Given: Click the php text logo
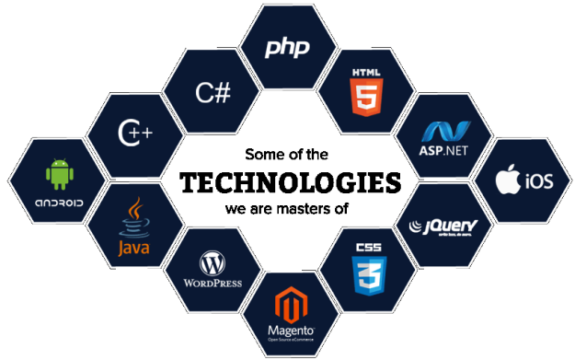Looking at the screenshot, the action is coord(288,47).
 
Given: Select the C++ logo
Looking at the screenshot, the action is coord(134,134).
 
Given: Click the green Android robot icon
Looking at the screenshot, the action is coord(60,171).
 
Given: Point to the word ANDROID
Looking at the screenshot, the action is coord(60,203).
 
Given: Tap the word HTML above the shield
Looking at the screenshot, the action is coord(365,72).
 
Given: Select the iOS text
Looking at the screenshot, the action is coord(537,182).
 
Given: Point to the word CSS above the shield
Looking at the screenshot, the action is coord(369,247).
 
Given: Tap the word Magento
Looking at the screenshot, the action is coord(291,329).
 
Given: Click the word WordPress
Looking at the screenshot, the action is coord(212,283).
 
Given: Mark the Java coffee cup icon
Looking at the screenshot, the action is coord(134,217).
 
